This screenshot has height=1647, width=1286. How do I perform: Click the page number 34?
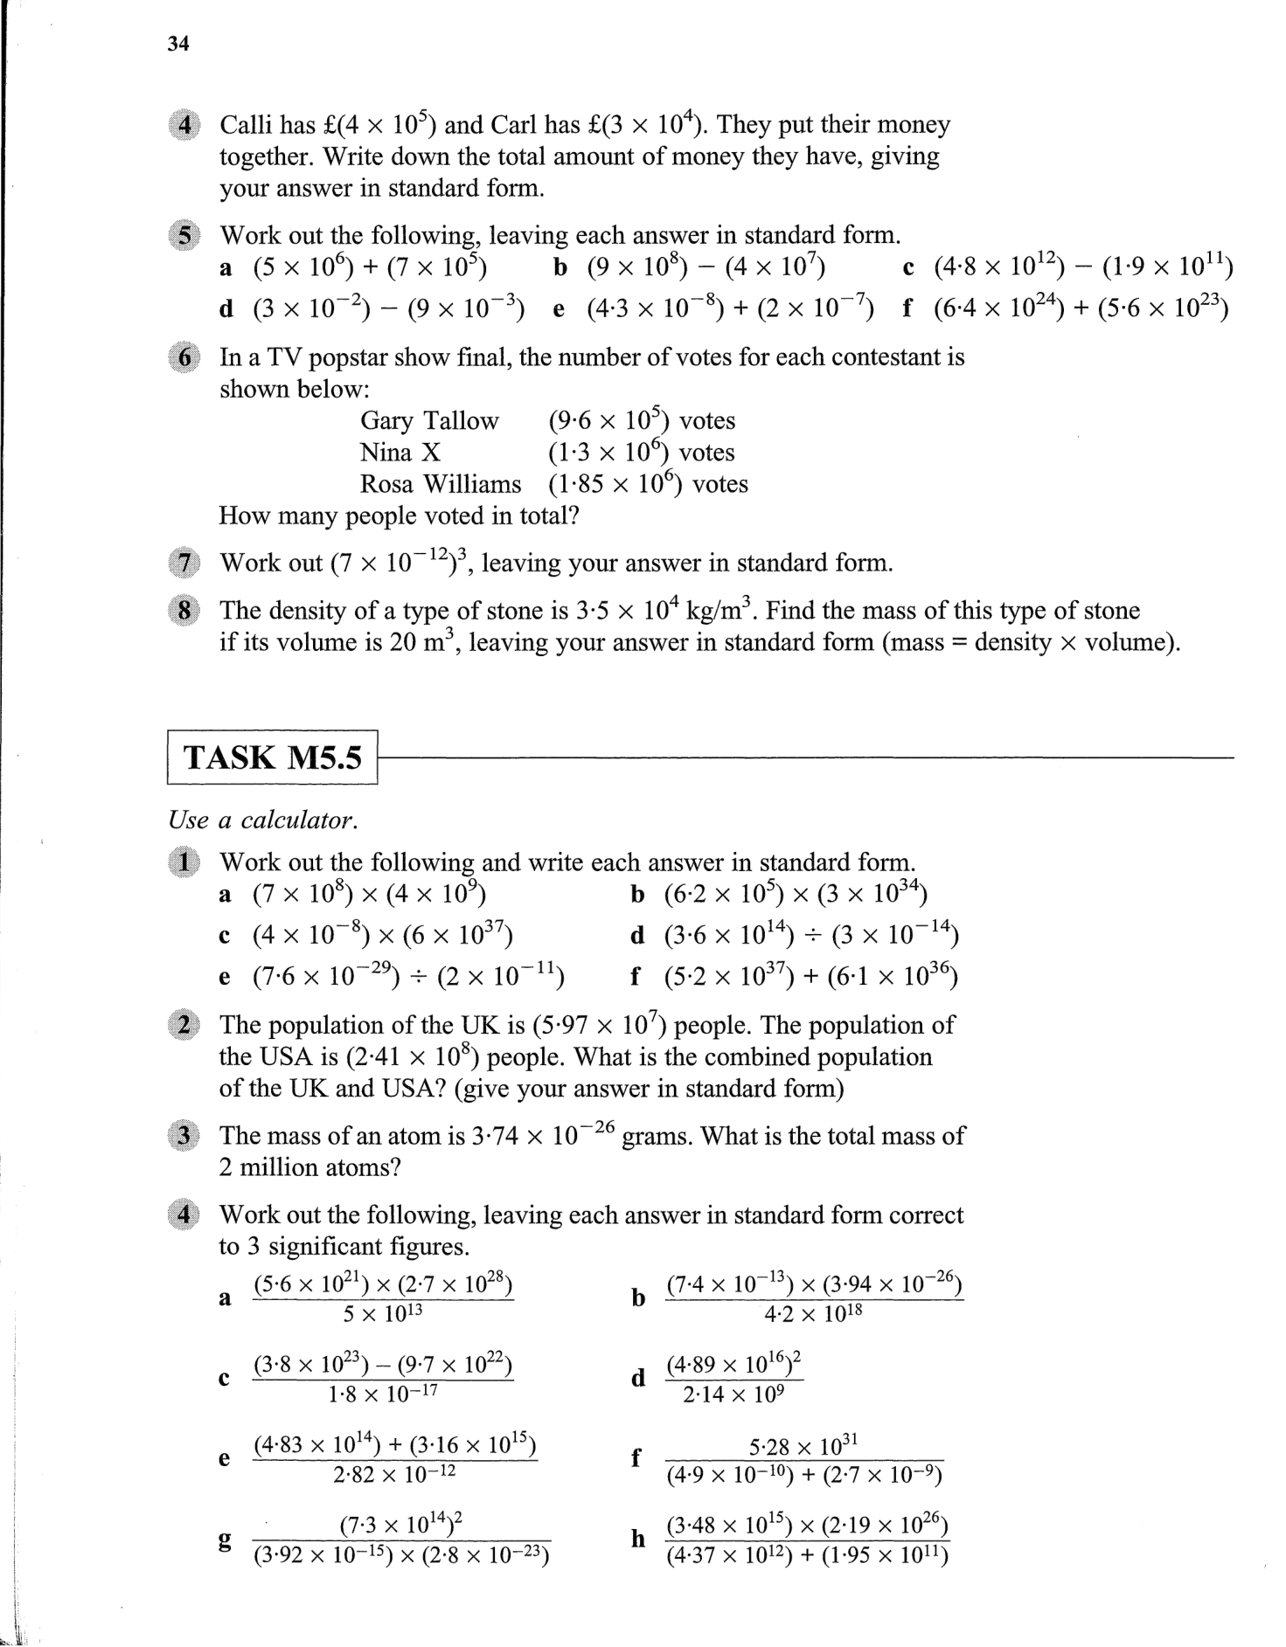pos(178,45)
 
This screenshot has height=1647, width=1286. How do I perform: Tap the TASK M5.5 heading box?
pos(272,757)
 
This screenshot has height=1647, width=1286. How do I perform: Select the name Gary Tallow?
pos(429,421)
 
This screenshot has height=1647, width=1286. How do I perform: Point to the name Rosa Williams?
pos(440,484)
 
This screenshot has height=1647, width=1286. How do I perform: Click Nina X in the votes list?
pos(400,453)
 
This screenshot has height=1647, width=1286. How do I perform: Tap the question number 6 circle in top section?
pos(184,358)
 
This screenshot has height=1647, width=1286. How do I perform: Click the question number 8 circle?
pos(184,610)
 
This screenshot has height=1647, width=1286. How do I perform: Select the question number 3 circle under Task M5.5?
pos(184,1136)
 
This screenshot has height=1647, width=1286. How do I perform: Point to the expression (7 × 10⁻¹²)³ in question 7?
pos(401,562)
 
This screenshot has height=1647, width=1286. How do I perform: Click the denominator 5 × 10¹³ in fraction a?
pos(383,1313)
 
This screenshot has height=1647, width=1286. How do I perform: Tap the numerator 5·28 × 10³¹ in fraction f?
pos(803,1446)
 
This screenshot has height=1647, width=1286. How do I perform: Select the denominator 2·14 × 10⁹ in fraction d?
pos(733,1394)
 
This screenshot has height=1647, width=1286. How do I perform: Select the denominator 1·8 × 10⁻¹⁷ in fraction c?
pos(383,1394)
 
